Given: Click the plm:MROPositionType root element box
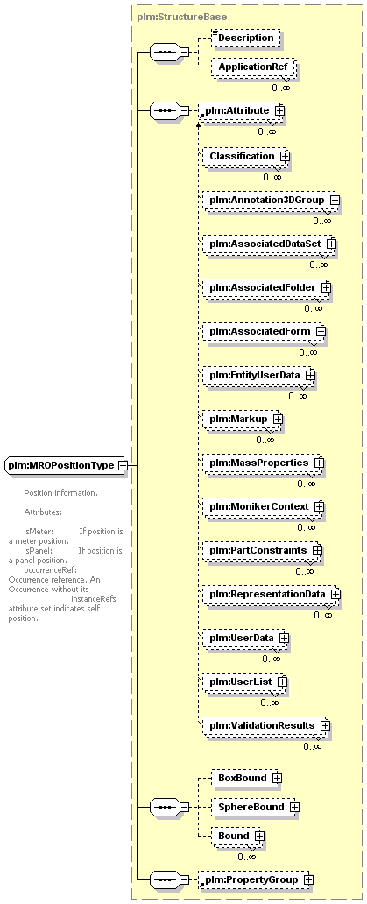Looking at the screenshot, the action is pyautogui.click(x=66, y=465).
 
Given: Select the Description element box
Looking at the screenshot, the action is pyautogui.click(x=246, y=38).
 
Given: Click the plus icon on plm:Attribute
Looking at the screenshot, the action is pyautogui.click(x=279, y=109).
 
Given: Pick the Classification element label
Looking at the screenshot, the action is pyautogui.click(x=242, y=156).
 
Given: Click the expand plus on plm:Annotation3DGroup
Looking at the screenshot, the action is pyautogui.click(x=335, y=200).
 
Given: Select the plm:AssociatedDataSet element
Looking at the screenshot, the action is pyautogui.click(x=269, y=244).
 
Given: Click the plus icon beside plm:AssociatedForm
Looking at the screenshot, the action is pyautogui.click(x=321, y=331).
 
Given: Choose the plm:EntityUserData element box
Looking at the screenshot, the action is pyautogui.click(x=258, y=375).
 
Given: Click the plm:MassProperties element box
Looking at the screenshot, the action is pyautogui.click(x=264, y=463).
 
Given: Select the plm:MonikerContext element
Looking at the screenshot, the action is pyautogui.click(x=264, y=506).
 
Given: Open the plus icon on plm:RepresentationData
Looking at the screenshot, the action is pyautogui.click(x=335, y=594).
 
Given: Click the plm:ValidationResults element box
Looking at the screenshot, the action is pyautogui.click(x=266, y=725).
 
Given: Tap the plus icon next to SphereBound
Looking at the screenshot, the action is pyautogui.click(x=294, y=808).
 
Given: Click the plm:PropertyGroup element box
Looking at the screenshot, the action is pyautogui.click(x=254, y=879).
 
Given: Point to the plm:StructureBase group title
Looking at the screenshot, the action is pyautogui.click(x=182, y=17).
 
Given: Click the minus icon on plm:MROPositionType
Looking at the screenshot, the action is pyautogui.click(x=122, y=465).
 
